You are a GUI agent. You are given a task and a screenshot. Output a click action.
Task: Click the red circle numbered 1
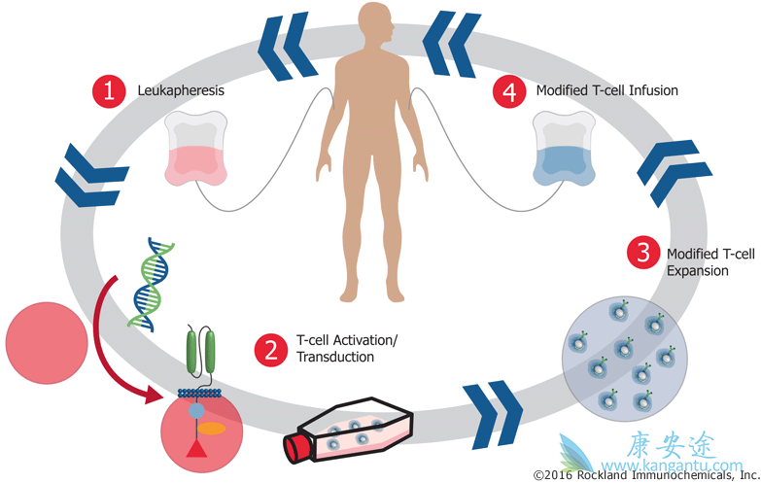click(x=109, y=91)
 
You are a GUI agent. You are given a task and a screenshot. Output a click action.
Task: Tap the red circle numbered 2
click(x=269, y=349)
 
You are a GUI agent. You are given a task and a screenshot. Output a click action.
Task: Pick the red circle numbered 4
click(x=508, y=91)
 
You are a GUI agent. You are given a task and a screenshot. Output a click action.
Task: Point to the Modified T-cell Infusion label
click(x=606, y=91)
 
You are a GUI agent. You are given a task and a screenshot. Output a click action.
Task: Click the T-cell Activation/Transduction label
click(x=346, y=349)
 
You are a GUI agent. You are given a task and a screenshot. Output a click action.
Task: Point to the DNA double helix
click(x=148, y=283)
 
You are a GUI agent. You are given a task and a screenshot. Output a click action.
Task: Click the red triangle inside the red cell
click(x=198, y=447)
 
